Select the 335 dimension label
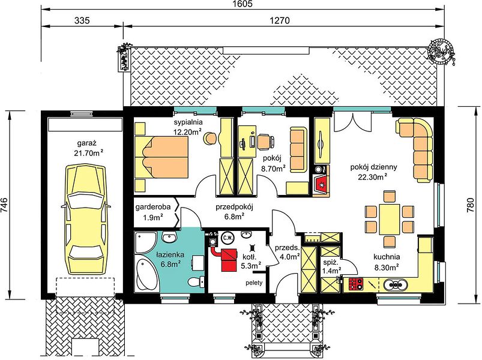point(82,20)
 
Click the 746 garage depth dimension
point(5,205)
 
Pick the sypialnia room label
point(188,122)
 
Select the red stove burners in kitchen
point(356,284)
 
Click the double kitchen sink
point(395,284)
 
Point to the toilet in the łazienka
point(195,281)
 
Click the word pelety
point(254,282)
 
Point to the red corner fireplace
point(321,185)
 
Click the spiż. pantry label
point(331,263)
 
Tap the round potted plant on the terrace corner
point(440,51)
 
